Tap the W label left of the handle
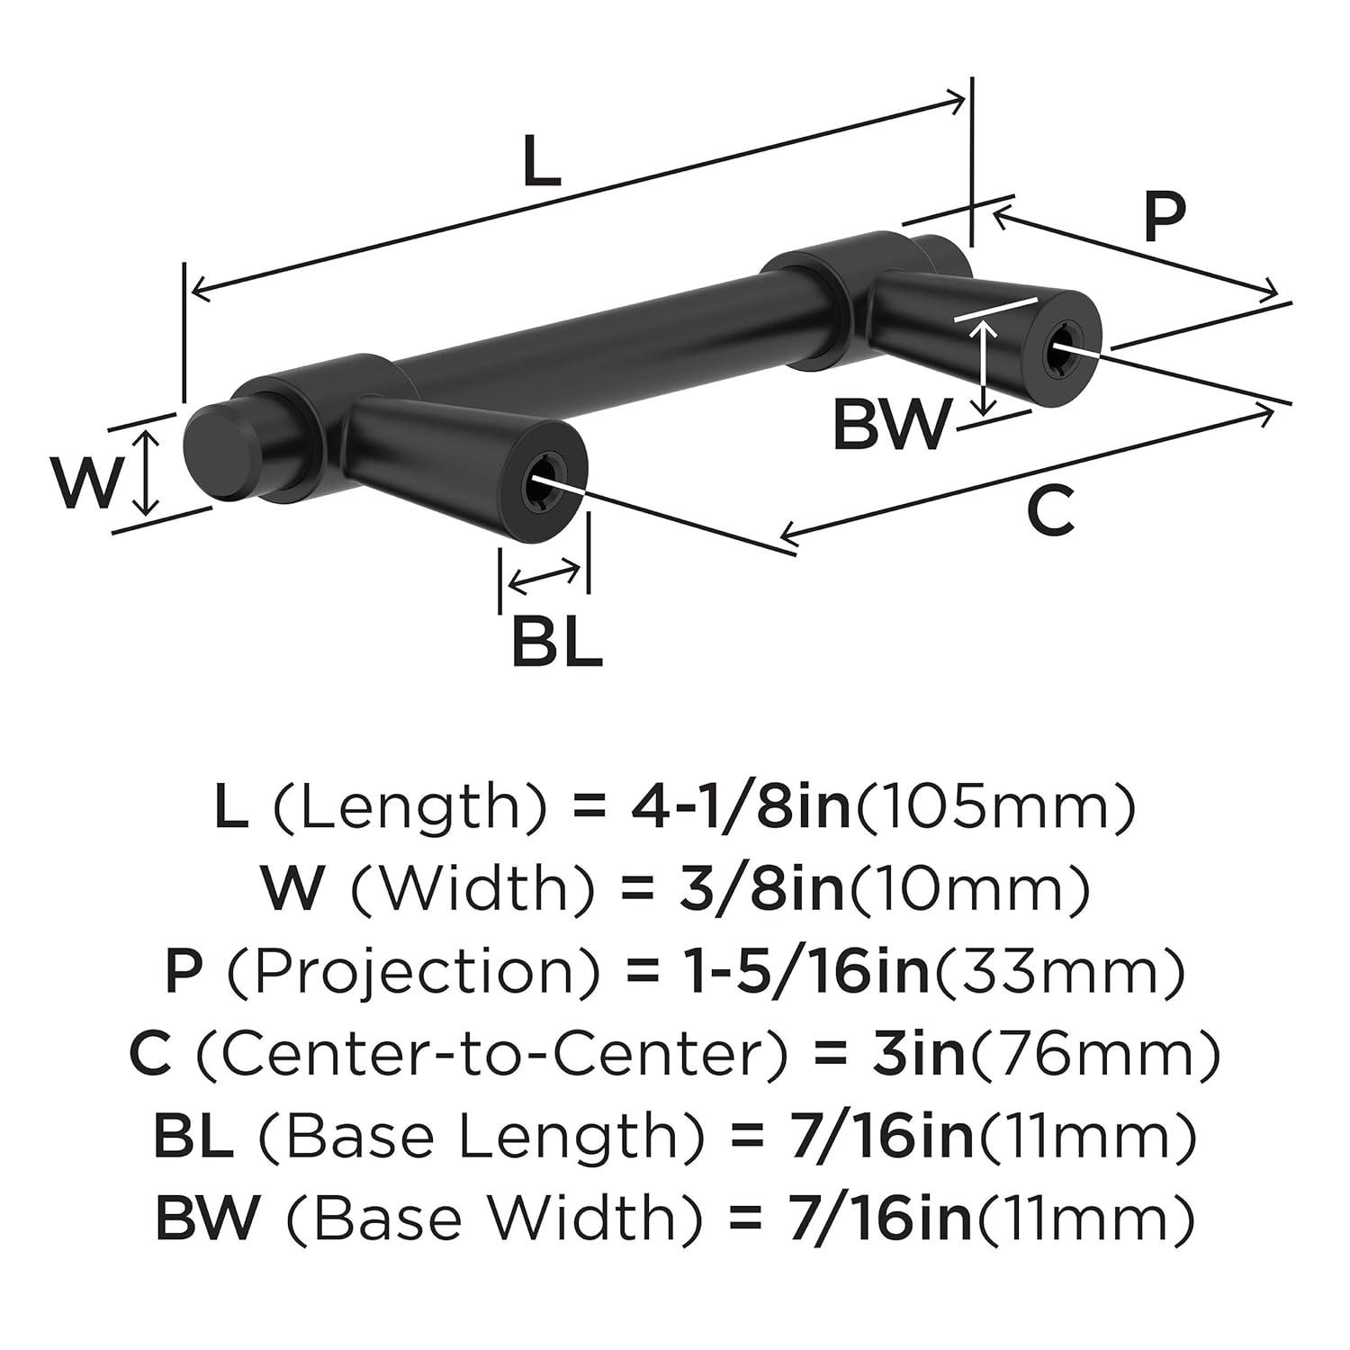(85, 482)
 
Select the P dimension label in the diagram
(1165, 218)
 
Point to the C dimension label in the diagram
(1050, 511)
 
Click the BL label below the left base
(556, 642)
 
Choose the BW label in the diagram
(891, 426)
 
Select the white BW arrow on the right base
(986, 367)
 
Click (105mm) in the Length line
(994, 807)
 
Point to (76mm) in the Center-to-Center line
(1094, 1054)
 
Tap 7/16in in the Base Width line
(880, 1219)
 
